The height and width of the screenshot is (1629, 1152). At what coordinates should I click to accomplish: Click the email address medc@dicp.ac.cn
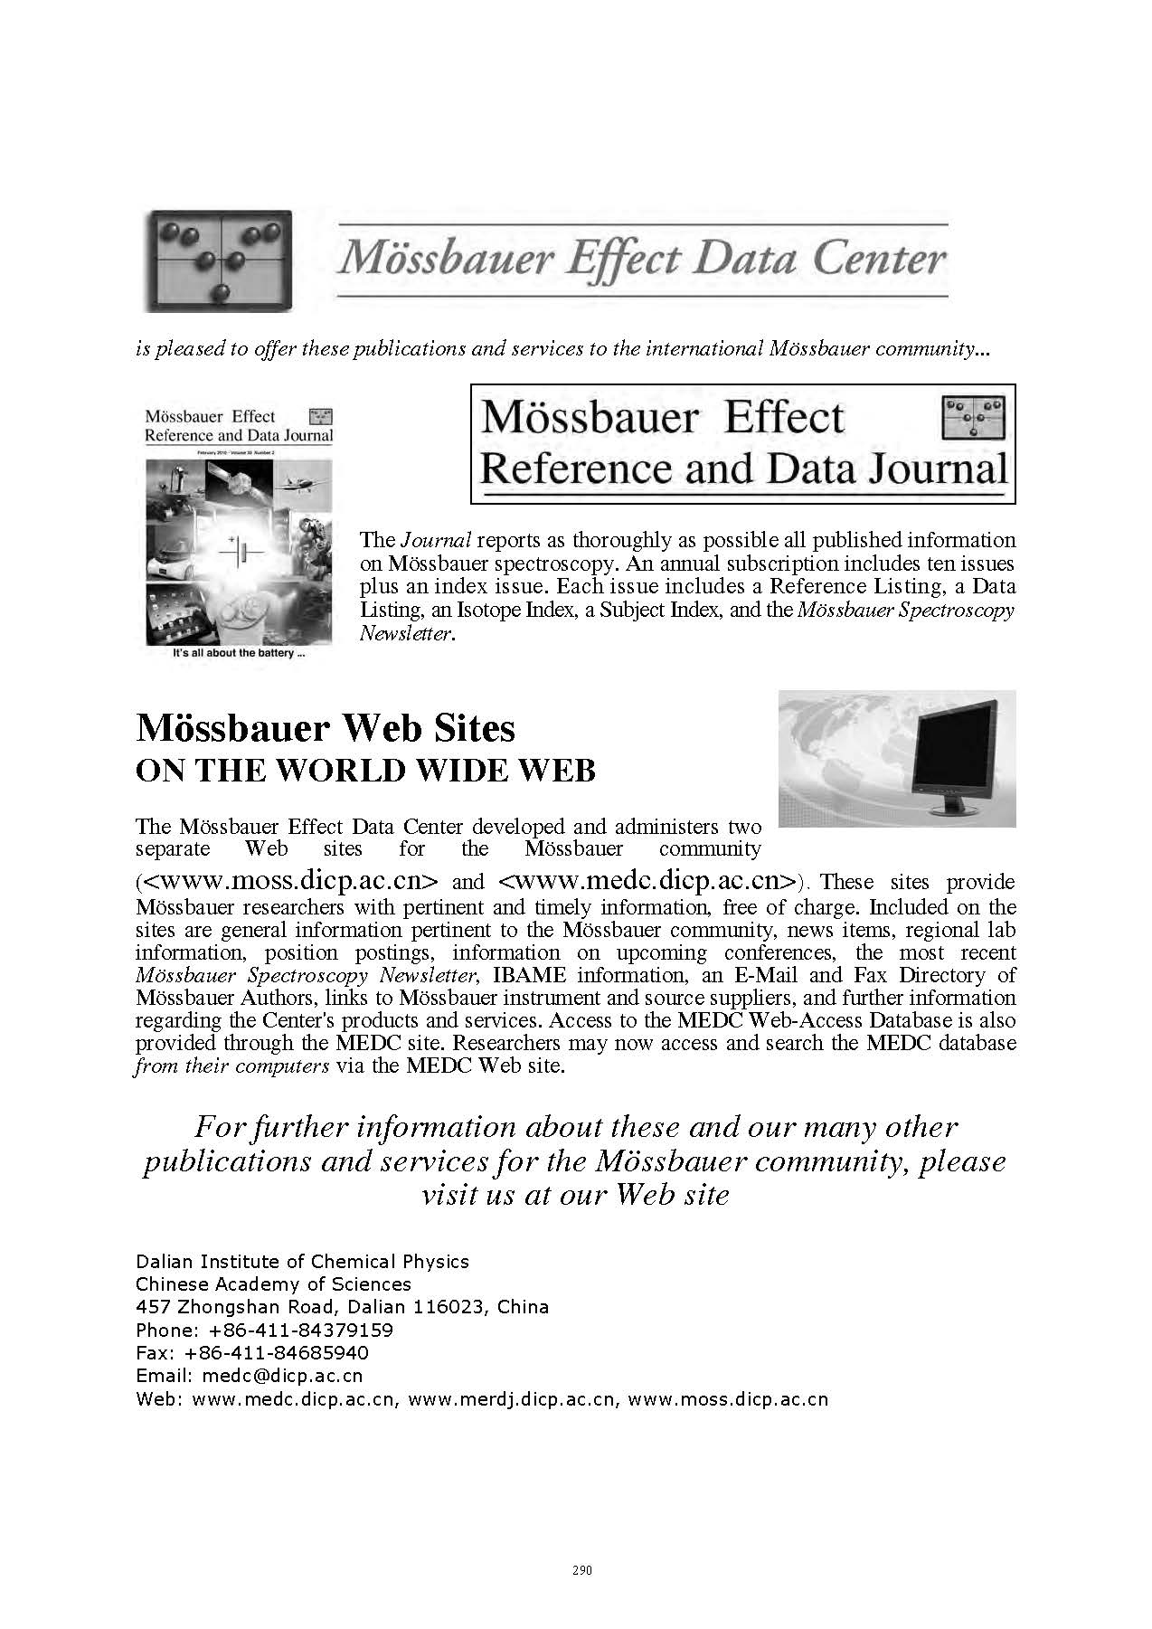point(282,1375)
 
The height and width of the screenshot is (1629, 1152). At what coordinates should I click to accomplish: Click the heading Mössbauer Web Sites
point(326,727)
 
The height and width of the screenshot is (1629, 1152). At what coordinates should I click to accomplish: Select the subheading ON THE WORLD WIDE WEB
point(365,770)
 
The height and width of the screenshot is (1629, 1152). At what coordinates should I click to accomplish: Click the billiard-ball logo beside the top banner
point(217,261)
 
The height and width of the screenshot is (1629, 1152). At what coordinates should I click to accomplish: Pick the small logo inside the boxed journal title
point(973,417)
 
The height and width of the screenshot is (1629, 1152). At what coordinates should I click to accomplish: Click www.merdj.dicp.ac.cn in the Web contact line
point(513,1398)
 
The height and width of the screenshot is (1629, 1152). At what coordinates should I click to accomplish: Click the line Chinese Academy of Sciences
point(273,1283)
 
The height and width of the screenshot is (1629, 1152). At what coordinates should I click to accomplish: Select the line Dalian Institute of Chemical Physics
point(302,1261)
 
